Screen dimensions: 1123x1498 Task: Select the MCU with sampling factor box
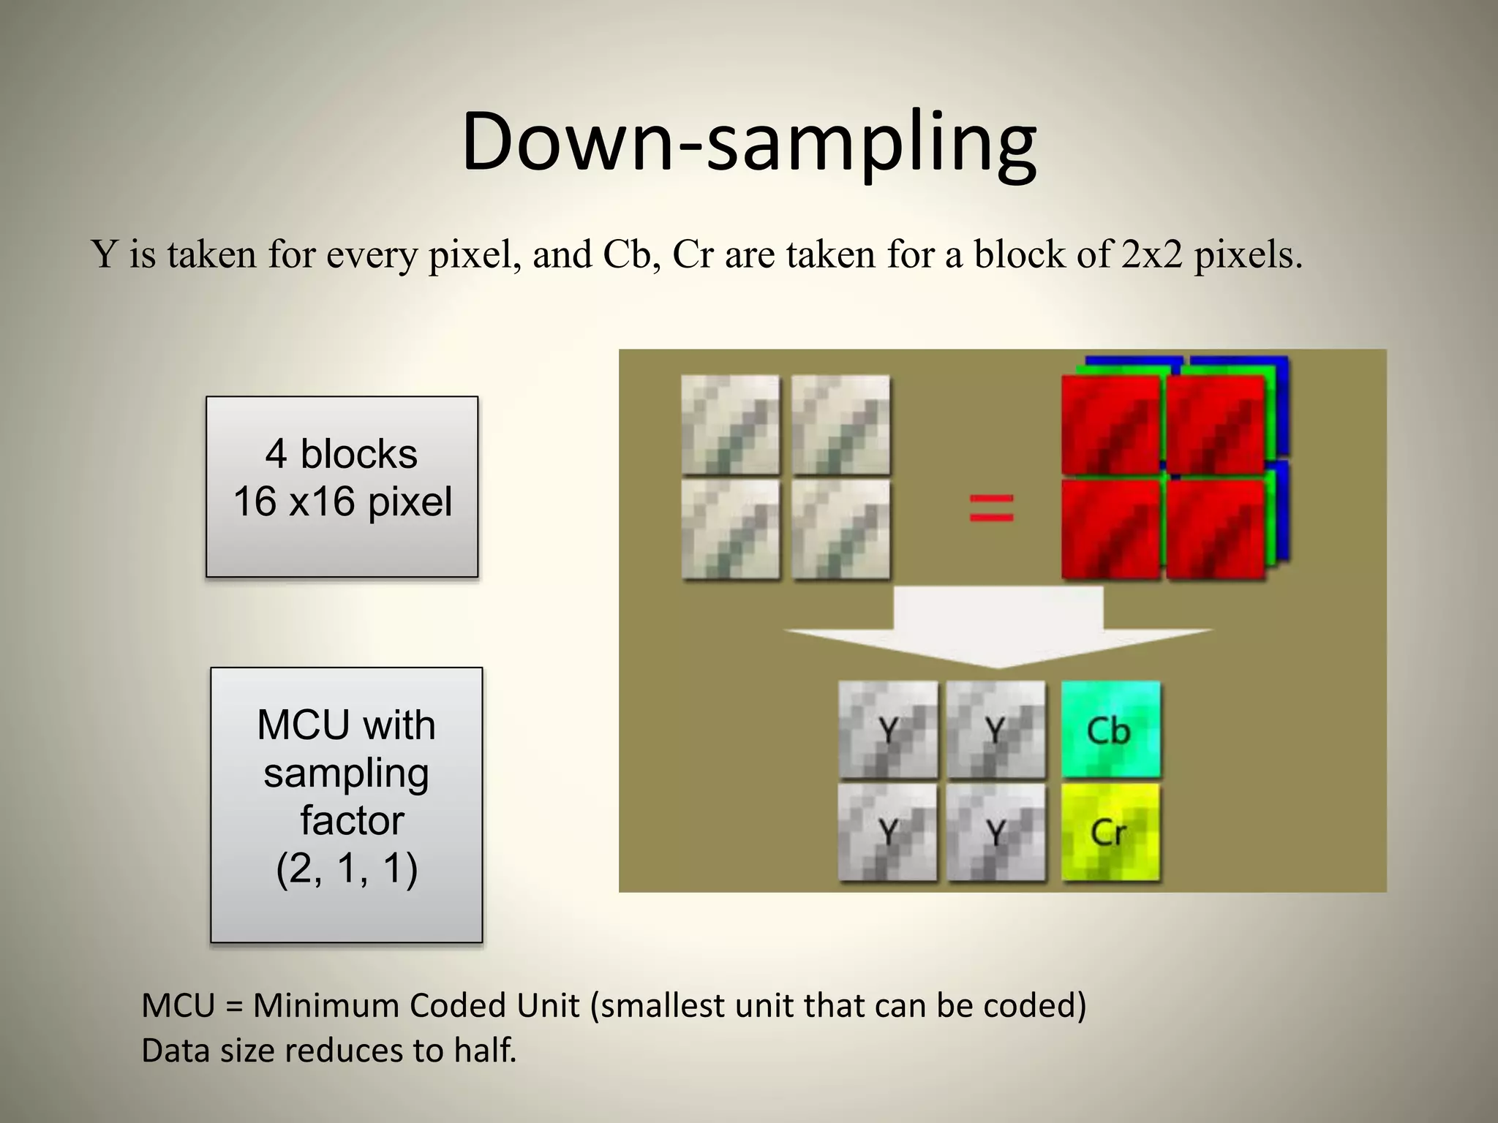click(346, 804)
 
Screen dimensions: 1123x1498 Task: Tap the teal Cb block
click(1110, 730)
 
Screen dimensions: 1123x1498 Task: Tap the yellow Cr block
click(1110, 832)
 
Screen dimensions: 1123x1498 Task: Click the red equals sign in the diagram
click(991, 507)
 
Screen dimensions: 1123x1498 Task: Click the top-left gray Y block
click(887, 730)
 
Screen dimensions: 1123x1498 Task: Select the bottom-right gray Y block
click(995, 832)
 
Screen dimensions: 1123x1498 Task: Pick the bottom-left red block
click(1110, 528)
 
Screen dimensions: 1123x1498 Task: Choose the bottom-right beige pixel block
click(841, 528)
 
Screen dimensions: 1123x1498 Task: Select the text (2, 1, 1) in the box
click(347, 869)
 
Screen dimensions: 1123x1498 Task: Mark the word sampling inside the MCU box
click(346, 774)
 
